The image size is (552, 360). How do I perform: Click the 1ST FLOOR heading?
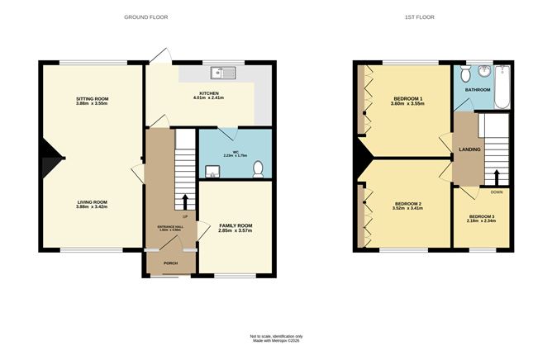pyautogui.click(x=420, y=17)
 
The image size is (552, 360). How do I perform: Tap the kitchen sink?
pyautogui.click(x=223, y=72)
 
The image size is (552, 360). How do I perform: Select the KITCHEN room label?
pyautogui.click(x=208, y=93)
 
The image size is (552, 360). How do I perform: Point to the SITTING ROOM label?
pyautogui.click(x=93, y=98)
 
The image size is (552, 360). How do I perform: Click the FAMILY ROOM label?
pyautogui.click(x=236, y=225)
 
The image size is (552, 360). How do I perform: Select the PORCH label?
pyautogui.click(x=170, y=263)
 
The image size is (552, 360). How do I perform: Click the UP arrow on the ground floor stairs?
pyautogui.click(x=184, y=201)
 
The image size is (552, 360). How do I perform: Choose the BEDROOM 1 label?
pyautogui.click(x=408, y=99)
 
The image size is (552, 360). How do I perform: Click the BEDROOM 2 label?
pyautogui.click(x=408, y=203)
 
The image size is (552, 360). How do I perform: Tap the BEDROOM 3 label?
pyautogui.click(x=481, y=216)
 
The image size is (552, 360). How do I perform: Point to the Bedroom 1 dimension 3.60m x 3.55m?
pyautogui.click(x=408, y=105)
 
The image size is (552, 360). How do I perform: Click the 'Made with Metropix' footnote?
pyautogui.click(x=277, y=341)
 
